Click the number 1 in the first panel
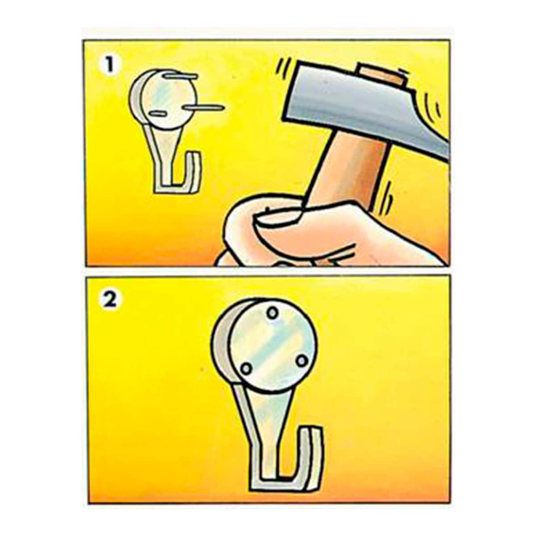click(108, 66)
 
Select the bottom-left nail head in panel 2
click(246, 368)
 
